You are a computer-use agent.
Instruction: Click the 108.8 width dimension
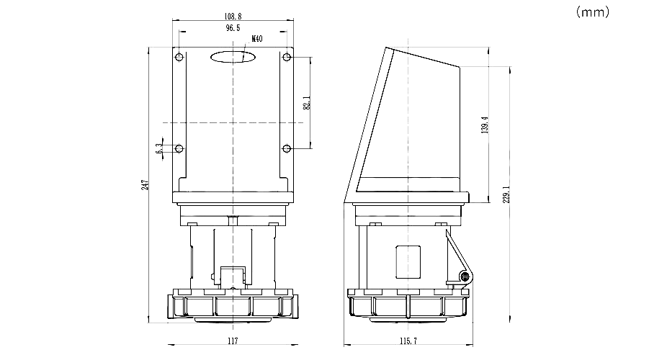click(233, 16)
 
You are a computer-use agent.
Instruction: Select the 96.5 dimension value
click(233, 28)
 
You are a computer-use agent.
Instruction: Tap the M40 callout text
click(257, 39)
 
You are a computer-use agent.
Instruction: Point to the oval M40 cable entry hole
click(233, 57)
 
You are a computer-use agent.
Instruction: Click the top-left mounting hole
click(179, 57)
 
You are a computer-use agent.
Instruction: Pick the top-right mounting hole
click(287, 57)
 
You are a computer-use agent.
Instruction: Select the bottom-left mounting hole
click(179, 149)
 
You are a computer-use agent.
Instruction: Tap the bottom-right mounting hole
click(287, 149)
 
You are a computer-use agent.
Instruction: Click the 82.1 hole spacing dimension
click(307, 103)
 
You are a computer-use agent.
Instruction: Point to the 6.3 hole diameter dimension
click(159, 149)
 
